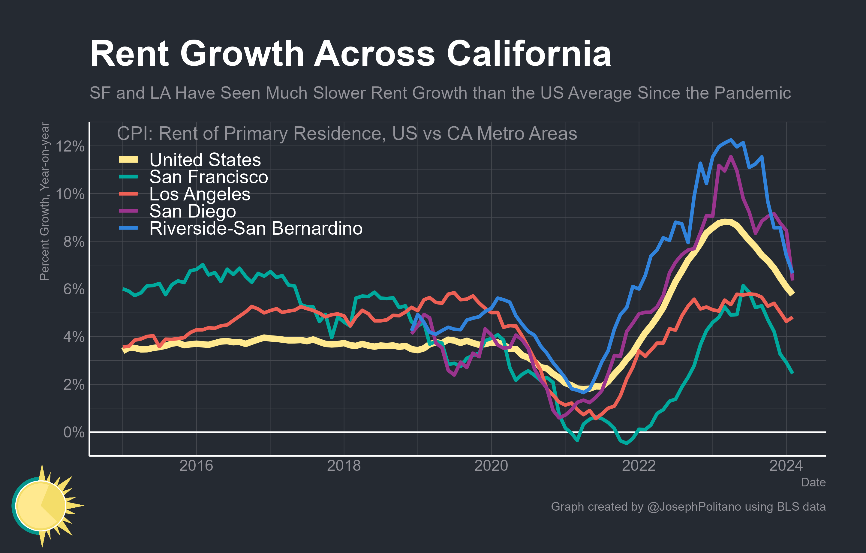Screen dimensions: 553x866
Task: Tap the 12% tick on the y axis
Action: (71, 146)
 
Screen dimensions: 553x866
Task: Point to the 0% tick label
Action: (74, 432)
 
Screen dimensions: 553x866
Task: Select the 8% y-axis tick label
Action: (74, 242)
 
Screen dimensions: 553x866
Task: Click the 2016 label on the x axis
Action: (196, 466)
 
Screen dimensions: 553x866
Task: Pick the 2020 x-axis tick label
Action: (491, 466)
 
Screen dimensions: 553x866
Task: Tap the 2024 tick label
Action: (786, 466)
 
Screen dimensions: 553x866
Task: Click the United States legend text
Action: (205, 160)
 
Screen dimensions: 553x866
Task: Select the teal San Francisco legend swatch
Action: (128, 176)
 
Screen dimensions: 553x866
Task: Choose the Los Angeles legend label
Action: (200, 194)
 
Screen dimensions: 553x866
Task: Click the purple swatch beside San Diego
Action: (128, 211)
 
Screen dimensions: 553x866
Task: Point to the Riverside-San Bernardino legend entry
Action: (256, 228)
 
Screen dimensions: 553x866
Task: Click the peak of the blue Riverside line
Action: (731, 140)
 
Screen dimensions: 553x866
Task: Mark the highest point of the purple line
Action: (731, 157)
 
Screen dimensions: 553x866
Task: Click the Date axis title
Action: (813, 482)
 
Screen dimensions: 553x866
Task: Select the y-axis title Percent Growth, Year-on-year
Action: (44, 201)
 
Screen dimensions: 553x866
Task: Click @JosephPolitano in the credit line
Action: (694, 506)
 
